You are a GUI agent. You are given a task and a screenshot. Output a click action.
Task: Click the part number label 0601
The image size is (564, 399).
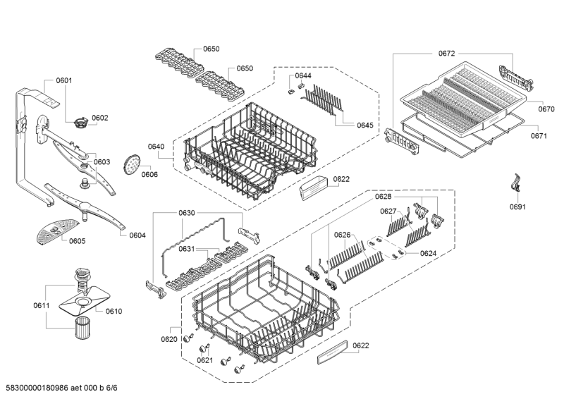[x=63, y=80]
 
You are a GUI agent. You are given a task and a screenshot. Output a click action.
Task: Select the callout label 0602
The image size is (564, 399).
[x=99, y=118]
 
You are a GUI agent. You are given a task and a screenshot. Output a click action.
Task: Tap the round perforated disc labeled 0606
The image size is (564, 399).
[x=132, y=164]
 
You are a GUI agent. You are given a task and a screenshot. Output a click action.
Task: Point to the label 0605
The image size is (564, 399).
[x=78, y=240]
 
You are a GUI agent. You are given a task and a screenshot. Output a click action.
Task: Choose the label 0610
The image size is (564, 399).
[x=114, y=311]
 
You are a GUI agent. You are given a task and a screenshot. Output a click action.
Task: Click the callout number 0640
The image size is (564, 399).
[x=156, y=147]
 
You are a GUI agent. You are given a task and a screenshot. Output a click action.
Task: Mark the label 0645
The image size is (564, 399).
[x=365, y=125]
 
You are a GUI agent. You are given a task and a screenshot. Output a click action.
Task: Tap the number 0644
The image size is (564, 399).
[x=303, y=75]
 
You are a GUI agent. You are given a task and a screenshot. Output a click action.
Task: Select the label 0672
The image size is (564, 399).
[x=446, y=54]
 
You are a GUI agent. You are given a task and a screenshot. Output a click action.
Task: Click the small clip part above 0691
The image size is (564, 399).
[x=516, y=182]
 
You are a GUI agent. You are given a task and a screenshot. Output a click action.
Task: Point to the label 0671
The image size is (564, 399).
[x=539, y=135]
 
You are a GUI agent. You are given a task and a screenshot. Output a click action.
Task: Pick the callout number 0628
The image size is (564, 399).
[x=383, y=197]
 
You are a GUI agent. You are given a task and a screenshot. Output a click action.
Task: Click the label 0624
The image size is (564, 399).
[x=428, y=253]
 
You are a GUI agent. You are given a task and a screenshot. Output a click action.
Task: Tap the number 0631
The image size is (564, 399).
[x=186, y=249]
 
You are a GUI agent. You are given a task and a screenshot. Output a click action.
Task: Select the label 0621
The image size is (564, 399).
[x=205, y=360]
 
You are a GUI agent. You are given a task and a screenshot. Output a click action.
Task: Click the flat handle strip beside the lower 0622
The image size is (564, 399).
[x=332, y=352]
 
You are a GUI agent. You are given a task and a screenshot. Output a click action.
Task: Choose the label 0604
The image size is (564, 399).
[x=137, y=235]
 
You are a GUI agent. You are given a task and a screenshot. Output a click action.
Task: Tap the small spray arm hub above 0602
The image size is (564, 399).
[x=81, y=123]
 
